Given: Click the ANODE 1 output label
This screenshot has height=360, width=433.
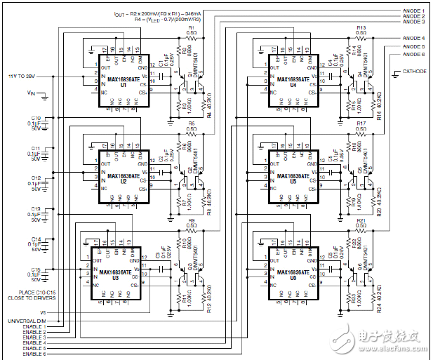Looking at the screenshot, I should pos(413,11).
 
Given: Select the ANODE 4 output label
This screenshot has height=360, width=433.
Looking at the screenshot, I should pos(413,38).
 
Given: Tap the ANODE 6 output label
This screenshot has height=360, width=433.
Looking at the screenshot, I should pos(413,54).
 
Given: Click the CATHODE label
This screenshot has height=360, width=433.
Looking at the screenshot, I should pos(414,72).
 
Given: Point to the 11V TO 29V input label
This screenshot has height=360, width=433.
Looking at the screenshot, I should pos(22,74).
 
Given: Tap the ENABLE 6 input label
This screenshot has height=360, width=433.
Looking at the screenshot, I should pos(34,354).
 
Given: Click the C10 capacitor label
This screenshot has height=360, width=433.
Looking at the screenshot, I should pos(36,119).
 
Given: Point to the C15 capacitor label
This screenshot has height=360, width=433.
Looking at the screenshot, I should pos(36,269).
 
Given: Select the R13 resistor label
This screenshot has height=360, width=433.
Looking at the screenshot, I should pos(361,27).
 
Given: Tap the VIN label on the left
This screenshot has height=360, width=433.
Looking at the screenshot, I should pos(30,93).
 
